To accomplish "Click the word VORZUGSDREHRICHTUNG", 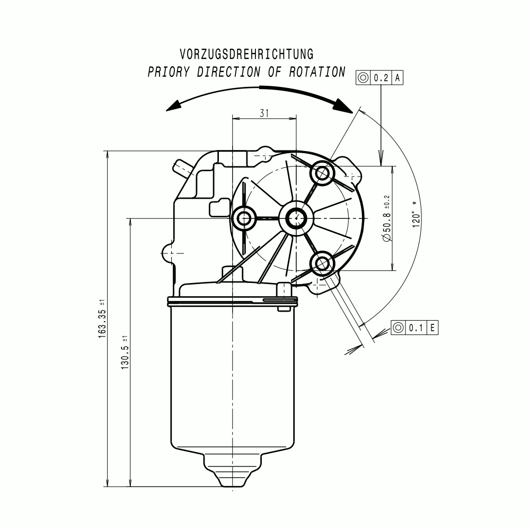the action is (x=246, y=55).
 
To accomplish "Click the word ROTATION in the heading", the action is (x=317, y=72).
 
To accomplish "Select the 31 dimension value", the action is (x=264, y=113).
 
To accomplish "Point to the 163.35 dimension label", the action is (x=102, y=319).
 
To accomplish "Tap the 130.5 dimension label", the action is (x=125, y=352).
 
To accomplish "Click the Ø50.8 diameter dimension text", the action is (x=387, y=218).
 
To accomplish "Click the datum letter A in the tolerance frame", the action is (x=397, y=78).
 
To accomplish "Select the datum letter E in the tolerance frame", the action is (x=432, y=328).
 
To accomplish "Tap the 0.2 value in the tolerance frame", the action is (x=381, y=78).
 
